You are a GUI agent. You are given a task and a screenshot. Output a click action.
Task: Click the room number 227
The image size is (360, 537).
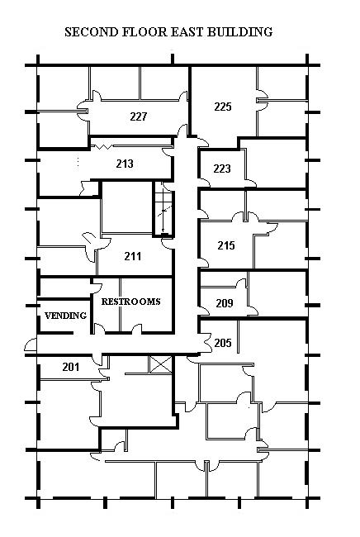(x=138, y=116)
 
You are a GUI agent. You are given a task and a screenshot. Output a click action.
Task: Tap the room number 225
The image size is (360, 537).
(x=223, y=107)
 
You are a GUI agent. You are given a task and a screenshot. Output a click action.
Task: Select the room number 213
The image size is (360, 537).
(x=125, y=164)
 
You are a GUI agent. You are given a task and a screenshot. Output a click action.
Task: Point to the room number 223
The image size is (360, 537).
(x=222, y=169)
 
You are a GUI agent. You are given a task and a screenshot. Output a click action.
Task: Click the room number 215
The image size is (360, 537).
(x=226, y=245)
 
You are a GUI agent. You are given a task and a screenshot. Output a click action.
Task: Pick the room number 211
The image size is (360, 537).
(x=132, y=256)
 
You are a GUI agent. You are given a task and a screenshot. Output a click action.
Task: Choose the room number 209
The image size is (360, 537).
(x=225, y=303)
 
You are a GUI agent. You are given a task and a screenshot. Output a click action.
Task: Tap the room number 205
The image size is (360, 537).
(x=223, y=343)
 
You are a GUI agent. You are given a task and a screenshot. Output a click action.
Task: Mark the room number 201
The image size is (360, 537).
(x=71, y=367)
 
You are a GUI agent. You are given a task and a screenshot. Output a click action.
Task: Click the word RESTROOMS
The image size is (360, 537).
(x=130, y=302)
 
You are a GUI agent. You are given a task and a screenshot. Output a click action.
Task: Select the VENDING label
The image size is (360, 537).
(x=65, y=316)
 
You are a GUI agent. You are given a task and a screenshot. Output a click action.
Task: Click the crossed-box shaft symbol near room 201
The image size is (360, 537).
(x=161, y=364)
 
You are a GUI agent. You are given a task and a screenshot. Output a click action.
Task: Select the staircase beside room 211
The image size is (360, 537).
(x=163, y=209)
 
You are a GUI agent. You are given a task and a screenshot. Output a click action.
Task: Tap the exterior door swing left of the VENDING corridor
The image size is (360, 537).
(x=31, y=345)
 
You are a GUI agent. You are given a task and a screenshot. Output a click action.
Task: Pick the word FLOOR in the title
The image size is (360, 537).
(x=144, y=32)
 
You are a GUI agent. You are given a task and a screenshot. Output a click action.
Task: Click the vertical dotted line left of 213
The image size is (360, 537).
(x=78, y=162)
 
